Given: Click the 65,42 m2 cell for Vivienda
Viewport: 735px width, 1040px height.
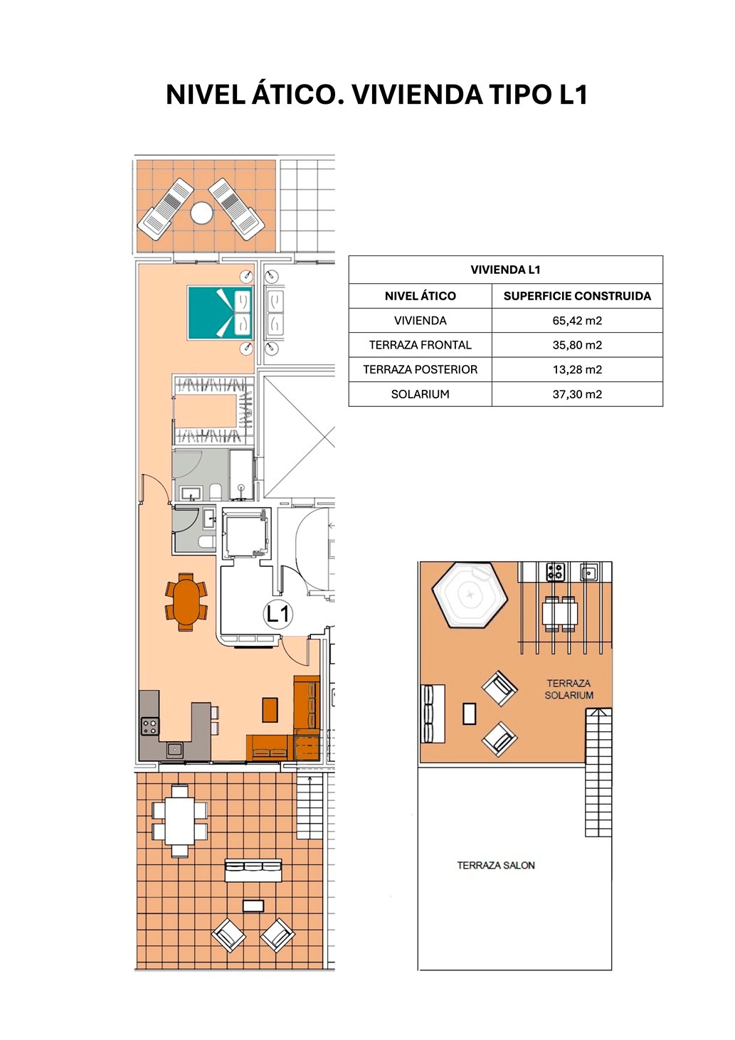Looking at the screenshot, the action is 576,320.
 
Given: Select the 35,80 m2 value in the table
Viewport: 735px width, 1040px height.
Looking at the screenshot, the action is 576,345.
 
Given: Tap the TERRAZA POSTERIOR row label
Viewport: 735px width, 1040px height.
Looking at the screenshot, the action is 421,370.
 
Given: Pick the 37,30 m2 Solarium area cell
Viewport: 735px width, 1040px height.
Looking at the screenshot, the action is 576,394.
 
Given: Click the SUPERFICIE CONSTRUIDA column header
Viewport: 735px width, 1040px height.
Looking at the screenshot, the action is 577,296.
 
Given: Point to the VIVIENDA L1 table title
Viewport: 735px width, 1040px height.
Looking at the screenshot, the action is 505,270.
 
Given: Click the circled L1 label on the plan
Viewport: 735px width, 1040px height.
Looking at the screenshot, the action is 278,615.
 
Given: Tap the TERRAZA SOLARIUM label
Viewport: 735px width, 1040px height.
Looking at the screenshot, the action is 569,689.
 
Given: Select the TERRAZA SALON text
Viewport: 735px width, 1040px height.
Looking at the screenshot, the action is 496,866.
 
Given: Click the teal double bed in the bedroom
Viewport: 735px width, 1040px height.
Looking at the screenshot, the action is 220,312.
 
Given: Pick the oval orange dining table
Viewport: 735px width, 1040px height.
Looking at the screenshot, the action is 186,602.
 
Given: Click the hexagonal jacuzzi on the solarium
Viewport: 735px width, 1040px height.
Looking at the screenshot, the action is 470,594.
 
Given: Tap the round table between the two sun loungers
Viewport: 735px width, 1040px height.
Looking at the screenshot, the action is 201,213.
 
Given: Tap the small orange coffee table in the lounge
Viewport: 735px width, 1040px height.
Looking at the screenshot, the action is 270,709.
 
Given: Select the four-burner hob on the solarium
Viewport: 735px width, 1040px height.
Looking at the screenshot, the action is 555,571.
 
